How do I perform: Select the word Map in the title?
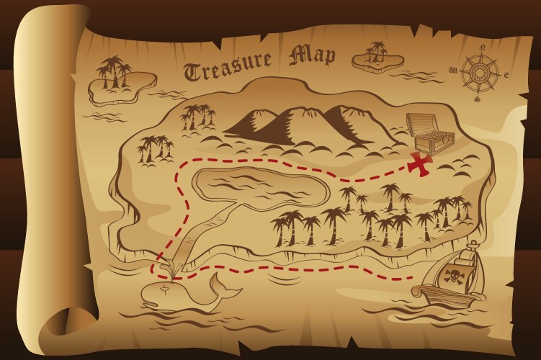[313, 56]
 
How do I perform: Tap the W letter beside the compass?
[452, 71]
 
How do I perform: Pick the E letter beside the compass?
[506, 75]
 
